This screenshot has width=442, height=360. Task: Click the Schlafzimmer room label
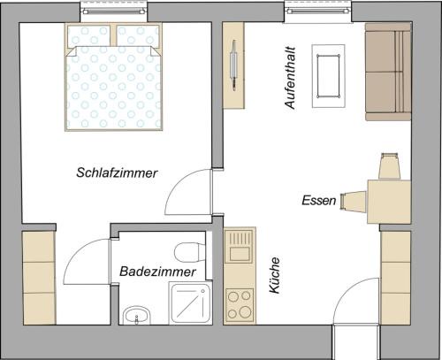click(116, 173)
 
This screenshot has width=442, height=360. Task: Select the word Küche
click(275, 276)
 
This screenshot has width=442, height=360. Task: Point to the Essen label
click(318, 201)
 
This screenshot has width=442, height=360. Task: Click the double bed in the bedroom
click(115, 77)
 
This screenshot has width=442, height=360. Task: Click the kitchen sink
click(239, 250)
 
